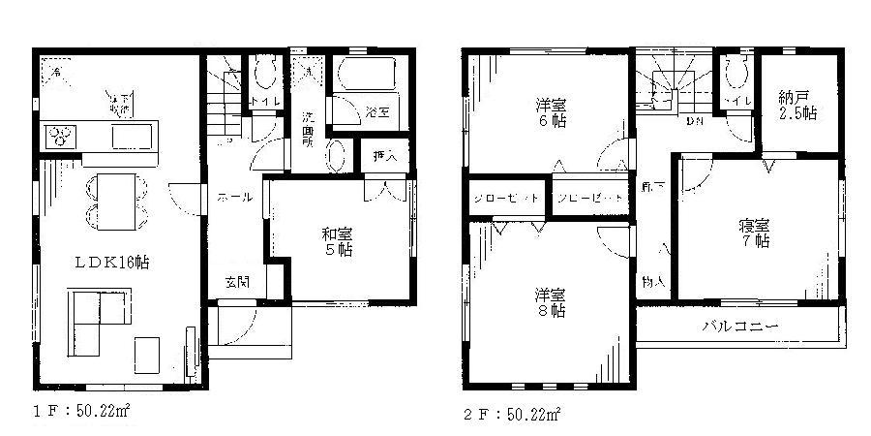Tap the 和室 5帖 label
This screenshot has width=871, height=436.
[337, 240]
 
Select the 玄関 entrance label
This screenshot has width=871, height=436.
[237, 283]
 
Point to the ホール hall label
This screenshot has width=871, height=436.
[234, 198]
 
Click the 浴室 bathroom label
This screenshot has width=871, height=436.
[376, 112]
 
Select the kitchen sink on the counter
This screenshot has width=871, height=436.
[132, 137]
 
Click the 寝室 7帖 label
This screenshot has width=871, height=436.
[755, 234]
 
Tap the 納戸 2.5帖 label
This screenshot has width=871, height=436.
[796, 105]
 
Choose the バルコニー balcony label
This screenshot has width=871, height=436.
[739, 326]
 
